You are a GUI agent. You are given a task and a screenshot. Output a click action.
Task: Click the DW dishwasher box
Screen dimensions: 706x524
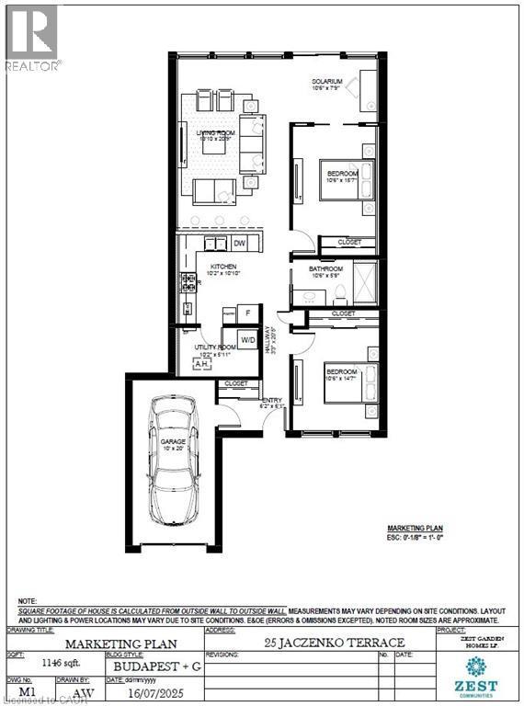(x=239, y=244)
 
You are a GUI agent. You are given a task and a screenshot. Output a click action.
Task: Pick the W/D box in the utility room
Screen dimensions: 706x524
(x=248, y=340)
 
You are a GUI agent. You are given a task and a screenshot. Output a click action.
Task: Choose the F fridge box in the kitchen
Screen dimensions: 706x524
(x=248, y=314)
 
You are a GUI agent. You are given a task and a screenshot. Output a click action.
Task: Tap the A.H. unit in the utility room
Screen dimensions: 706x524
(x=201, y=363)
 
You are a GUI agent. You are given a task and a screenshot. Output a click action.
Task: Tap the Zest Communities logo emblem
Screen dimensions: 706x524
(x=476, y=666)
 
